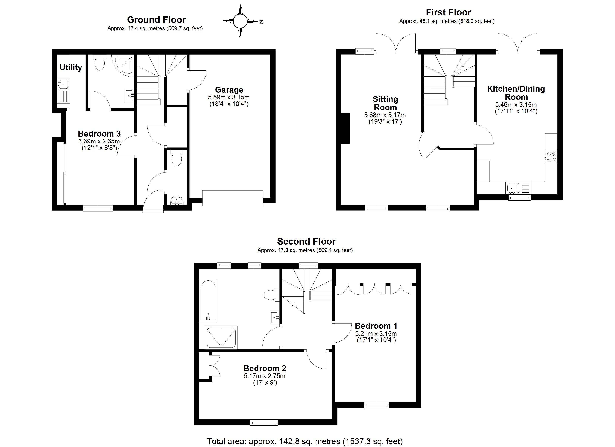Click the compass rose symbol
pos(240,21)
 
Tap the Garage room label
pos(229,90)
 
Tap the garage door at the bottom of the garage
pos(232,198)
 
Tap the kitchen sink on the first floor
pos(513,188)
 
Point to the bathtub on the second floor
pos(208,300)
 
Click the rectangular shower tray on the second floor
pos(221,337)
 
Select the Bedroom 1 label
pos(376,326)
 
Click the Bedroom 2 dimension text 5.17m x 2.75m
pos(264,376)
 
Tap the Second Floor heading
pos(306,241)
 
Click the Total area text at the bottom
pos(305,441)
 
